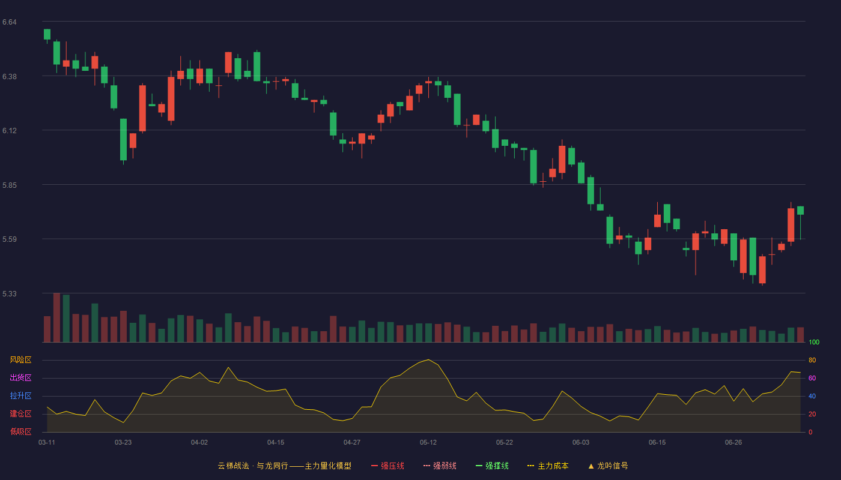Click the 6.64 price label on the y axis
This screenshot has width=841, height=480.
pyautogui.click(x=10, y=22)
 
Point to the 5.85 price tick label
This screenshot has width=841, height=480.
pyautogui.click(x=10, y=185)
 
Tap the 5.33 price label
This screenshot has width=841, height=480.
pyautogui.click(x=10, y=293)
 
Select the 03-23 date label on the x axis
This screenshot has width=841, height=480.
pyautogui.click(x=123, y=443)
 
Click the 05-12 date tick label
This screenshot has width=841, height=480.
pyautogui.click(x=428, y=443)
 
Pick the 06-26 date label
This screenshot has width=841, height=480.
pyautogui.click(x=733, y=443)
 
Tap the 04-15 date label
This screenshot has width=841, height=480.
pyautogui.click(x=276, y=443)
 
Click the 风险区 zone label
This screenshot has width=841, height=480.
pyautogui.click(x=20, y=360)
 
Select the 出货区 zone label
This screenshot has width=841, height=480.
pyautogui.click(x=20, y=377)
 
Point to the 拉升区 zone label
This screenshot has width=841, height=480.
pyautogui.click(x=20, y=395)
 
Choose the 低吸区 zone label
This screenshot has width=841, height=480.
pyautogui.click(x=20, y=431)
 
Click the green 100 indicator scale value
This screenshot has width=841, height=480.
pyautogui.click(x=814, y=342)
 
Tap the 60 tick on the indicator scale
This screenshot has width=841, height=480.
pyautogui.click(x=812, y=378)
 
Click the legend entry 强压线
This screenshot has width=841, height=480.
pyautogui.click(x=388, y=466)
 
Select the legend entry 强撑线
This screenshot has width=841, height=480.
pyautogui.click(x=492, y=466)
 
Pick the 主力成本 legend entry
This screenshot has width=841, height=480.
pyautogui.click(x=548, y=466)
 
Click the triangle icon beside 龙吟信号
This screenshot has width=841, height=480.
pyautogui.click(x=591, y=466)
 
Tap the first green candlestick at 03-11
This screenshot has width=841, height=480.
pyautogui.click(x=47, y=34)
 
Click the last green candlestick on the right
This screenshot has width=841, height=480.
pyautogui.click(x=800, y=211)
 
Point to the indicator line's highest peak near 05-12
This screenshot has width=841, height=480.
pyautogui.click(x=428, y=359)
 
